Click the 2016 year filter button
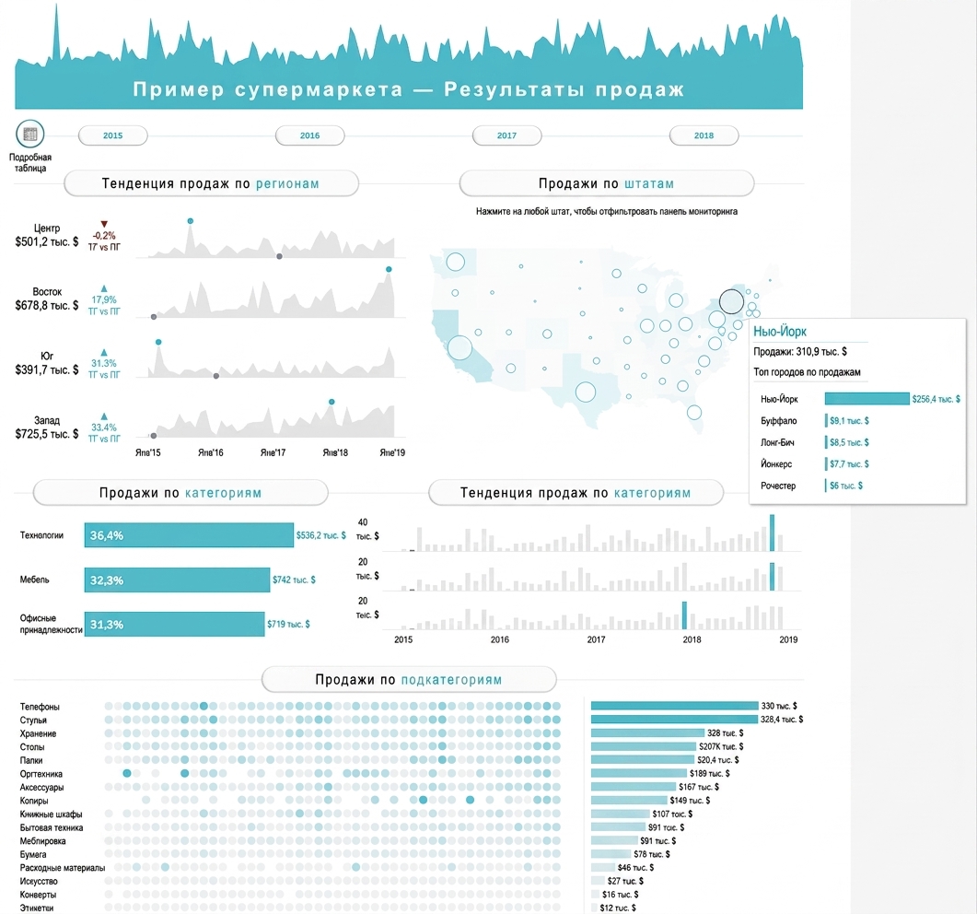pos(309,135)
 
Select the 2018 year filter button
pos(704,135)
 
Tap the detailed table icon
pos(29,134)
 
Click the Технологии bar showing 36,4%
pos(189,535)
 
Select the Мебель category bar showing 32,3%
pos(177,580)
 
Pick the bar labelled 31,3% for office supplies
pos(174,624)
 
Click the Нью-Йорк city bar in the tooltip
pos(867,398)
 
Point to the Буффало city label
pos(778,421)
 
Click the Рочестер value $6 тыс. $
pos(846,486)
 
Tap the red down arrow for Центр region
pos(104,225)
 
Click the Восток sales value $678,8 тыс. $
pos(47,306)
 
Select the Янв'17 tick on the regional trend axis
pos(273,452)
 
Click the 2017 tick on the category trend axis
pos(596,639)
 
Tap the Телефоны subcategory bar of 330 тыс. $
pos(674,706)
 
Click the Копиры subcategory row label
pos(34,801)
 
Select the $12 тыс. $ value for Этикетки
pos(618,908)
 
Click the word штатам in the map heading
pos(649,184)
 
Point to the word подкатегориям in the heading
pos(451,680)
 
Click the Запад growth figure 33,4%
pos(104,428)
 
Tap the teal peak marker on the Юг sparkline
pos(159,342)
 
